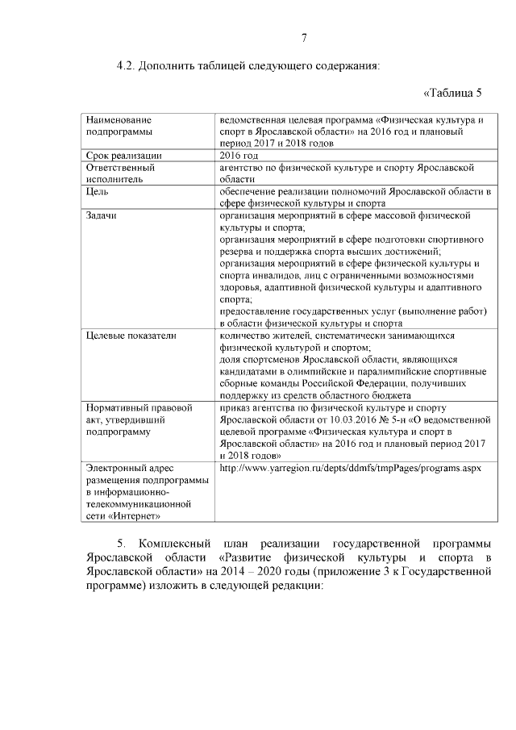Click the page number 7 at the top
point(304,38)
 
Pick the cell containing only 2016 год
point(239,155)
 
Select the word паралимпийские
point(391,371)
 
